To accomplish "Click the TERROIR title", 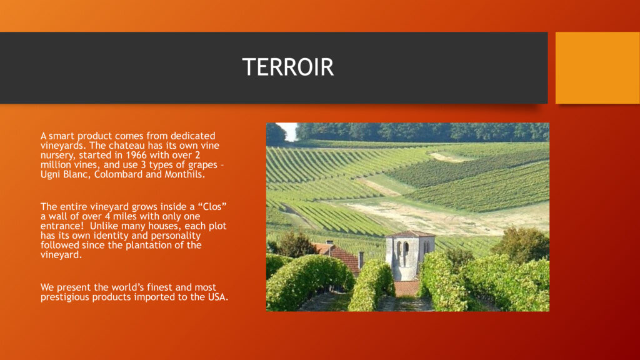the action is (x=287, y=67).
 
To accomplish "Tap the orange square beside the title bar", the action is (x=597, y=67).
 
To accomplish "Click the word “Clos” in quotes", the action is (x=212, y=206).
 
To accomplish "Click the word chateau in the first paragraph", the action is (x=126, y=146).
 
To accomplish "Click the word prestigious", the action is (x=65, y=297).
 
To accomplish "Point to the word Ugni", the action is (x=50, y=175).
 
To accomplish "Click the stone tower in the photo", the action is (x=409, y=254).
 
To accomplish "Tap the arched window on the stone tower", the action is (x=406, y=250).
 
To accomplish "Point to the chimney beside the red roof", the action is (x=361, y=259).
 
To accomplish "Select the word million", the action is (x=55, y=165).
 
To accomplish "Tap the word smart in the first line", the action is (x=62, y=136).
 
